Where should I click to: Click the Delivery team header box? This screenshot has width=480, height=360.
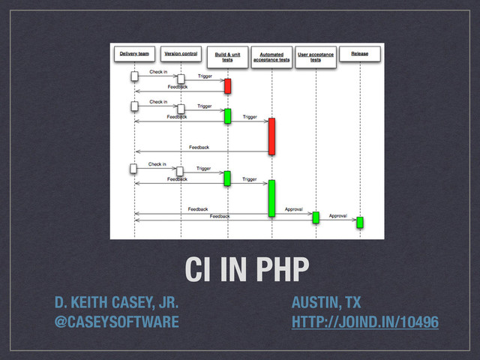point(135,54)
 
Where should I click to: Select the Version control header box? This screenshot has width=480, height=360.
point(181,54)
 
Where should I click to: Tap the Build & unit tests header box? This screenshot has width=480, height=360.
point(227,56)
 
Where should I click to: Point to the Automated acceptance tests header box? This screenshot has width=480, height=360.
point(271,57)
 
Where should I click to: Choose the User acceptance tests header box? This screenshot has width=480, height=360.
point(316,57)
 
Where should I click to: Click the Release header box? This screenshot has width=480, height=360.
point(359,54)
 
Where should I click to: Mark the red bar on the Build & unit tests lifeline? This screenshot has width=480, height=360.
point(227,85)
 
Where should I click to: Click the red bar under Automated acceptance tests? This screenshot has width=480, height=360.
point(271,136)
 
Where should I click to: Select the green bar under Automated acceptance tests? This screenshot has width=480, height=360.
point(271,196)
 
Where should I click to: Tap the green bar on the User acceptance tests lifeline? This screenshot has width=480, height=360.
point(316,217)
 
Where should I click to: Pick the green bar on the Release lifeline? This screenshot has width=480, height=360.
point(360,222)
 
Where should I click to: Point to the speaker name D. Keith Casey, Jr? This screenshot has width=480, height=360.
point(115,303)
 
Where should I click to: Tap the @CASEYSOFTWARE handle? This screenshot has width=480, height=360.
point(115,322)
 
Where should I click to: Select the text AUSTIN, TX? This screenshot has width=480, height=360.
point(326,303)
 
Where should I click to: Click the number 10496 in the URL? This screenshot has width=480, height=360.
point(417,322)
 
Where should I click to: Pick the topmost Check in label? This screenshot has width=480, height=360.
point(158,73)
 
